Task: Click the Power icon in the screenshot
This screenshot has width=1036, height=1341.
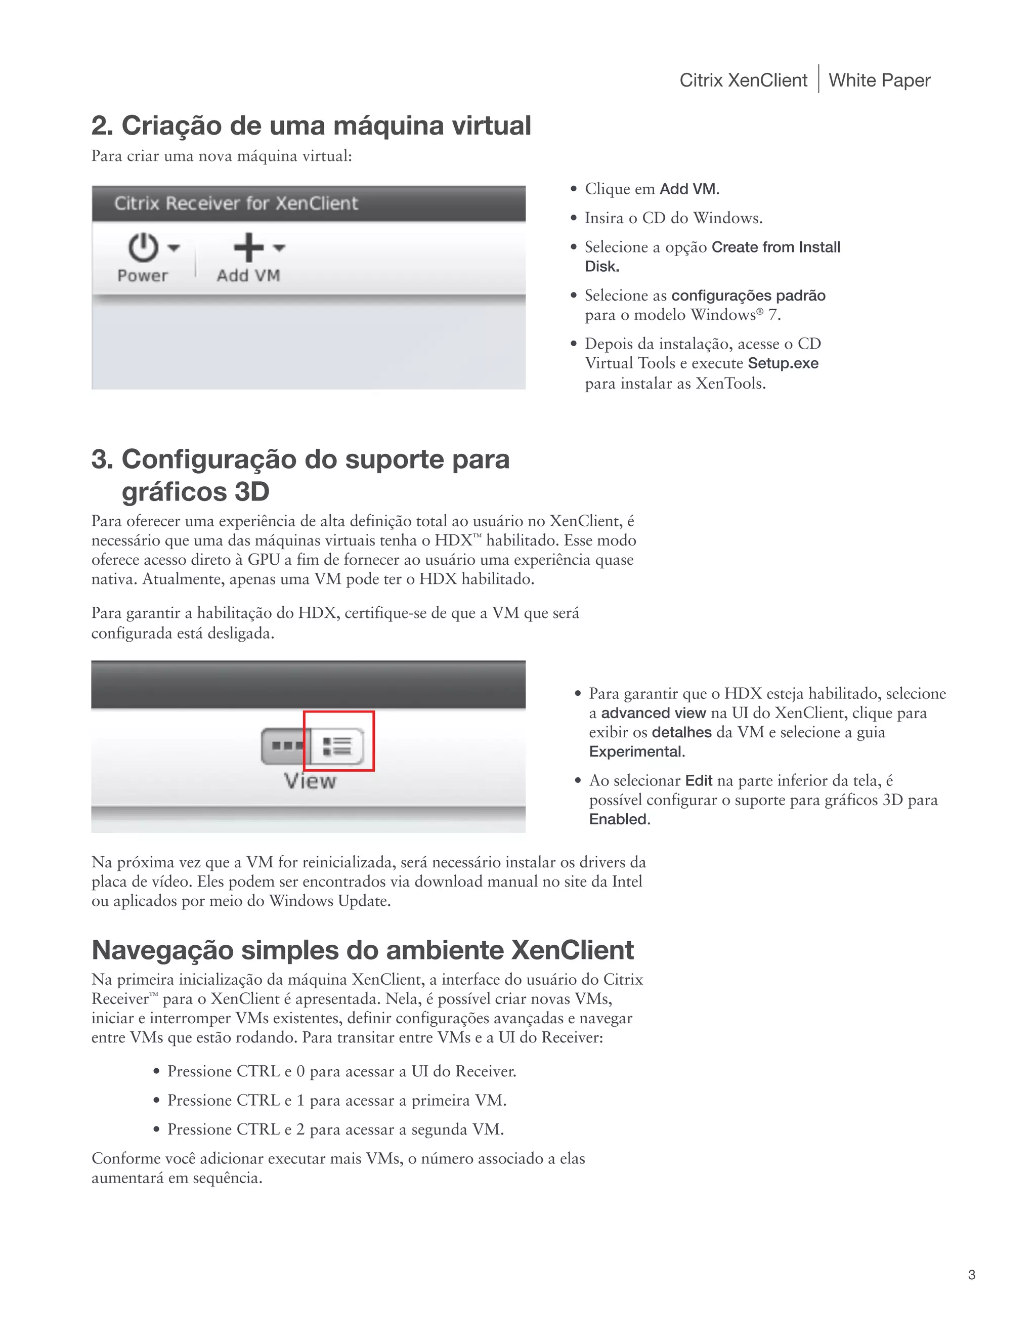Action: click(143, 247)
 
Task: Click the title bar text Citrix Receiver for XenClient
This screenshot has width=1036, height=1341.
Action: click(236, 203)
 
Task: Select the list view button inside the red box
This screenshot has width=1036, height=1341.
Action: click(337, 746)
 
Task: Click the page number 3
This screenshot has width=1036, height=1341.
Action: click(972, 1275)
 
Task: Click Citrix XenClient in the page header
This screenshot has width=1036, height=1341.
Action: click(743, 80)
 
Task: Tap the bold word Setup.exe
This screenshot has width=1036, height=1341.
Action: click(783, 363)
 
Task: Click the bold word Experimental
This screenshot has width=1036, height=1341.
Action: click(636, 751)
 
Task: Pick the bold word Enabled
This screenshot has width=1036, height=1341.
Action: click(619, 819)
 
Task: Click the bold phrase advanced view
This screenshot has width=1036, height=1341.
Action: click(653, 713)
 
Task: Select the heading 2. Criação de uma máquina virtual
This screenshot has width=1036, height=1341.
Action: click(311, 126)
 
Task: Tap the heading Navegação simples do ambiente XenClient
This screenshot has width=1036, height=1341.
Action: click(362, 950)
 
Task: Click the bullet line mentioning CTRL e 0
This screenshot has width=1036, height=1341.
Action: click(341, 1071)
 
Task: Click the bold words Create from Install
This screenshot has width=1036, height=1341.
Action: click(775, 247)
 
